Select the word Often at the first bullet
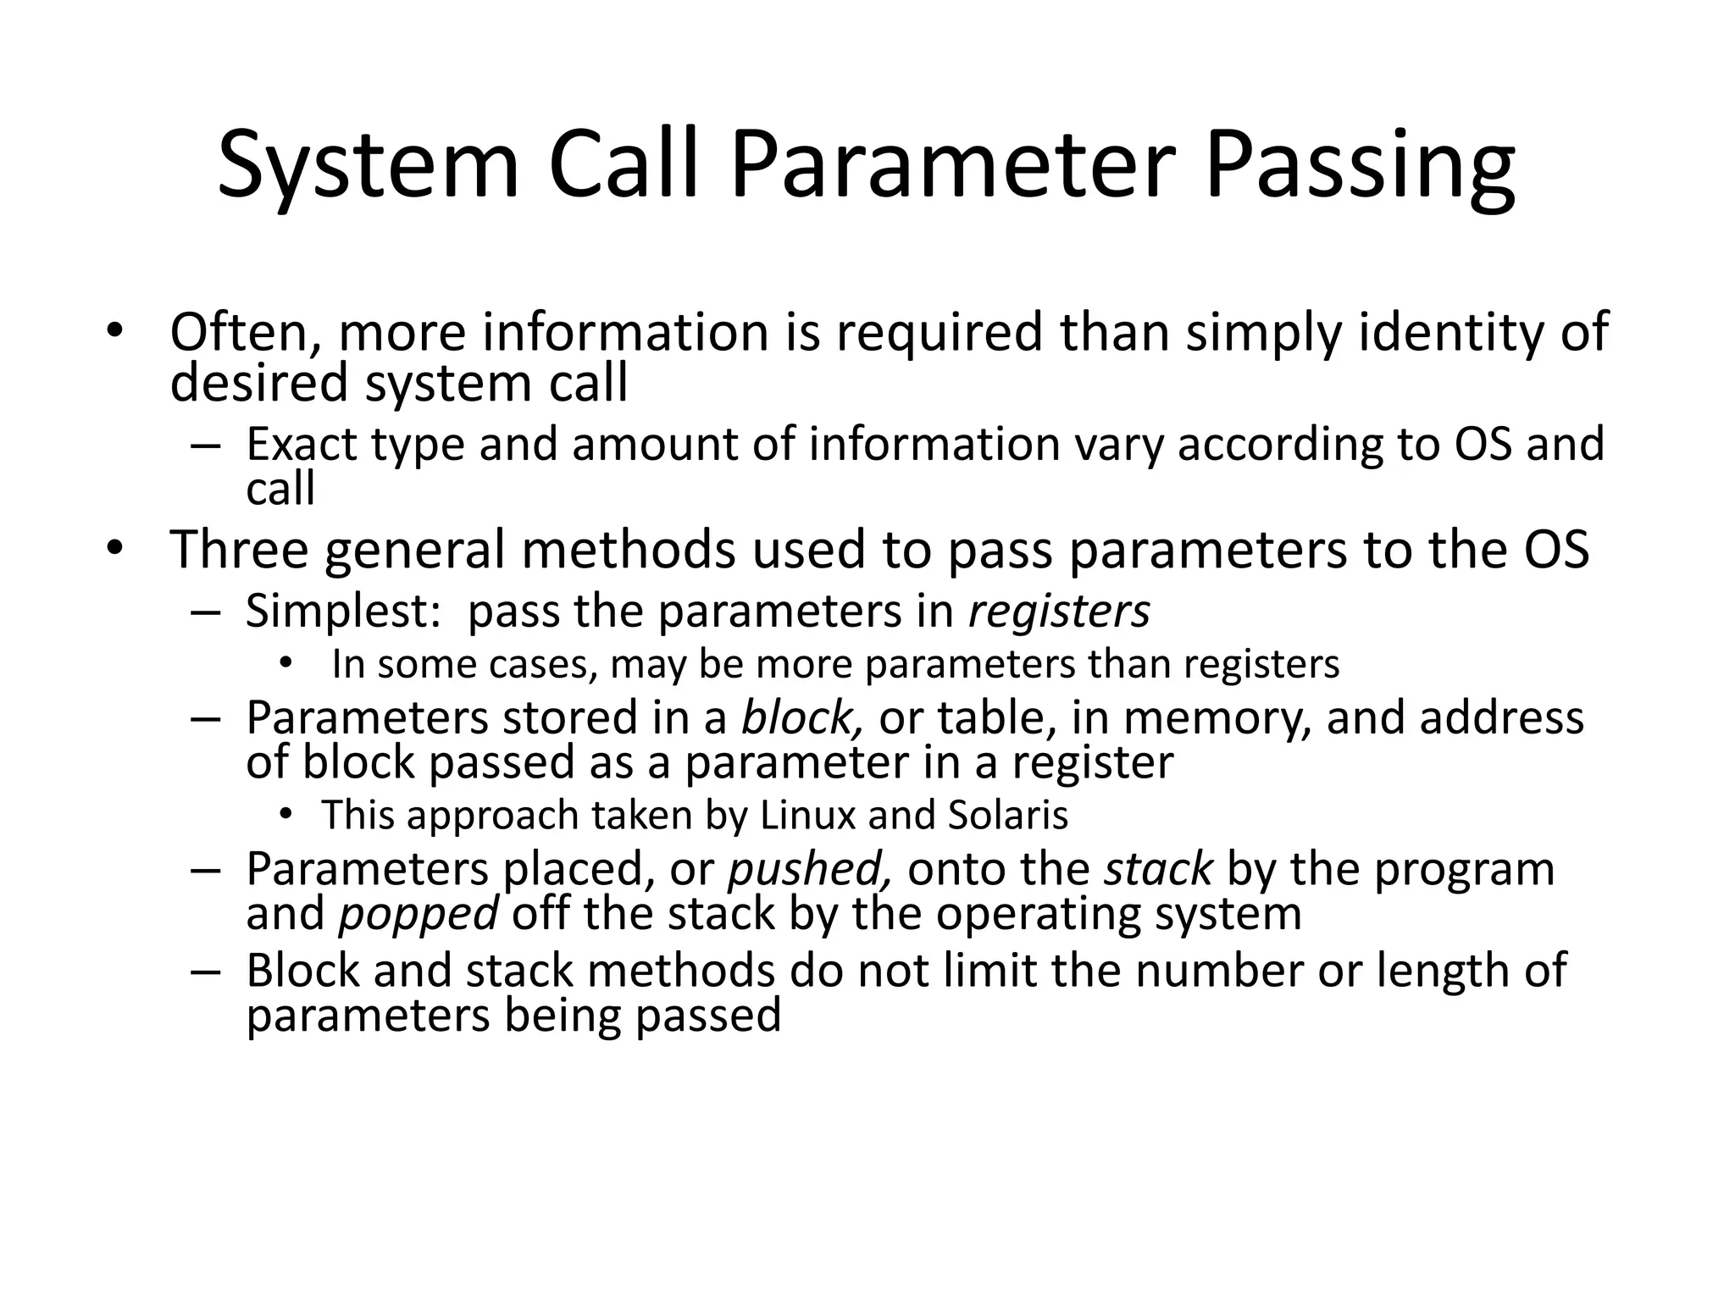point(246,332)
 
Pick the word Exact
point(302,444)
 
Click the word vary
point(1119,446)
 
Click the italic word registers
point(1059,612)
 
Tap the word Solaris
point(1008,815)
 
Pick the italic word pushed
point(810,869)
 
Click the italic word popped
point(419,914)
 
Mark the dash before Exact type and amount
point(205,446)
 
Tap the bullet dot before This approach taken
point(285,815)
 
